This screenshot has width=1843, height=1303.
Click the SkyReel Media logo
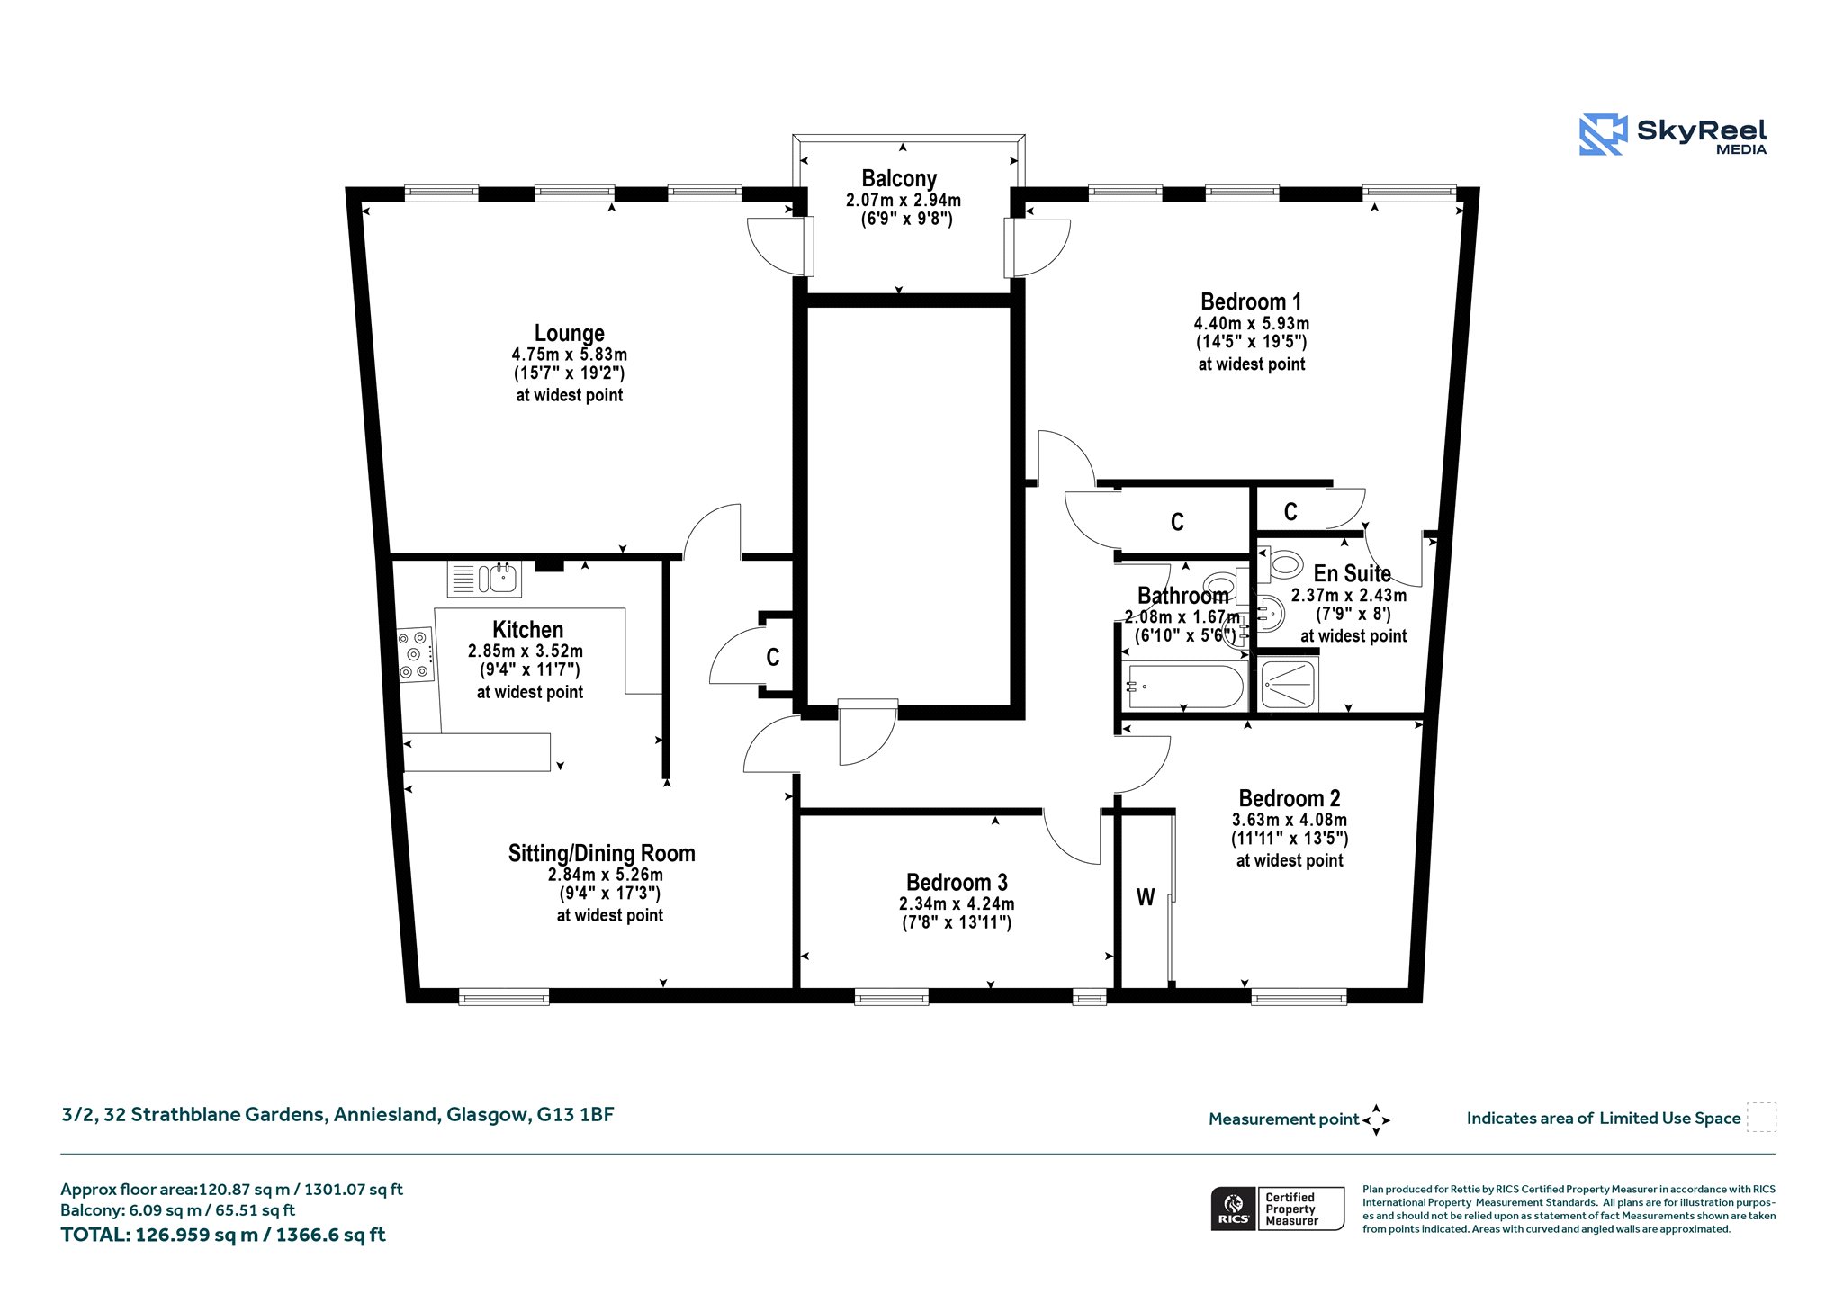click(1672, 135)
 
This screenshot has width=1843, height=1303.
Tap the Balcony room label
click(899, 178)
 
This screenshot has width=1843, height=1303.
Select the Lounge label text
click(569, 333)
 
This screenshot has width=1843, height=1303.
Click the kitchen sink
click(484, 578)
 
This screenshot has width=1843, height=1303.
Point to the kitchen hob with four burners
click(416, 654)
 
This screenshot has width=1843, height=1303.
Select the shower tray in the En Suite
click(1289, 684)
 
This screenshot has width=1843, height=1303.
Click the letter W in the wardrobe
click(1146, 897)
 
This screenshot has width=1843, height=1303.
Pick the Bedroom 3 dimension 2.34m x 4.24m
click(957, 903)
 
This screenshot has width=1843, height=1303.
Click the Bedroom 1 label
click(1251, 301)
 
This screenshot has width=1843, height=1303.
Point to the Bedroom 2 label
click(1290, 798)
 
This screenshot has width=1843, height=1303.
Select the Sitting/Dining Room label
click(601, 853)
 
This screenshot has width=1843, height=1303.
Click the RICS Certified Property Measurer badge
click(1278, 1209)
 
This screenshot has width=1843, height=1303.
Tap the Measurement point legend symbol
click(1376, 1120)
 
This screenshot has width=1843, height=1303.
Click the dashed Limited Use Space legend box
click(1761, 1118)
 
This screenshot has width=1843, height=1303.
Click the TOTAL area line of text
click(222, 1235)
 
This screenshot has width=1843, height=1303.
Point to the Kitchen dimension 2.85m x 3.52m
click(526, 651)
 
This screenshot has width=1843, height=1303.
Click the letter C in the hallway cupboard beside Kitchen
click(772, 658)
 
